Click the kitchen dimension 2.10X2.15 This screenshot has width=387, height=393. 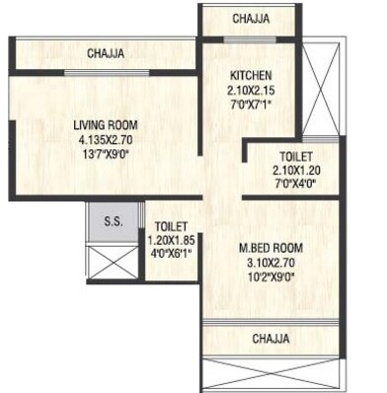(249, 90)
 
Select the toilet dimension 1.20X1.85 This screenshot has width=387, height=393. (170, 238)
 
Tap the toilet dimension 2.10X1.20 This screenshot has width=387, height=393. (294, 170)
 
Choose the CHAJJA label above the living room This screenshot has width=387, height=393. (105, 54)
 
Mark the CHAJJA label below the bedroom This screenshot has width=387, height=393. (271, 339)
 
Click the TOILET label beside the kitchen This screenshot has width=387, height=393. (294, 156)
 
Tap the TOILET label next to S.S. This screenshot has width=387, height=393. (170, 224)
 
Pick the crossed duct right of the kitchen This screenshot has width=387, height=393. (322, 83)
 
